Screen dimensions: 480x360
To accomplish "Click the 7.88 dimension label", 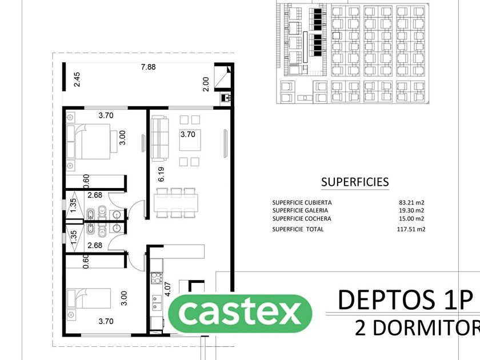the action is (149, 67).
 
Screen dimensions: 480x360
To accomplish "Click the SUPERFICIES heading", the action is (355, 182).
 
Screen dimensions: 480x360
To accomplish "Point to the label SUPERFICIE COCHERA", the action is (302, 218).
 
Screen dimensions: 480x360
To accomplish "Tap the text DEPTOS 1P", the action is (406, 299).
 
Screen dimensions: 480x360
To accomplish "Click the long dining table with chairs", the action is (176, 201).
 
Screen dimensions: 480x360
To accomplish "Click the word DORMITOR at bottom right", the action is (417, 328).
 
